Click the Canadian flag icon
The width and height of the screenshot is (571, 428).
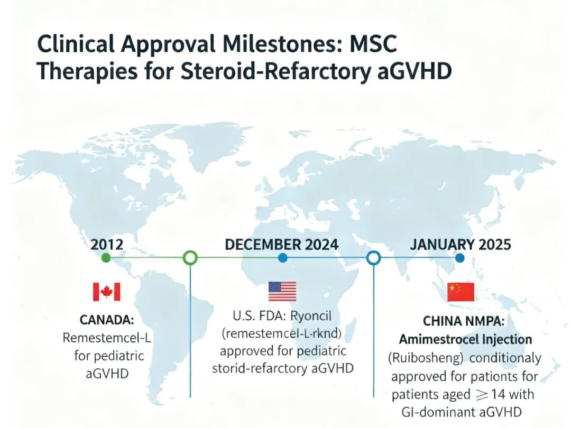click(x=106, y=292)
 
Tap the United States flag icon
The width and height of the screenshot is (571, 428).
click(x=282, y=292)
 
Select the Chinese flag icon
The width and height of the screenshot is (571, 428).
click(x=461, y=292)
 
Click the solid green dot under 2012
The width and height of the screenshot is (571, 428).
click(x=106, y=258)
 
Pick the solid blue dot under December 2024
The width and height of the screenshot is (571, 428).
click(x=282, y=258)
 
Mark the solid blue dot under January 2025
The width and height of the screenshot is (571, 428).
click(x=460, y=258)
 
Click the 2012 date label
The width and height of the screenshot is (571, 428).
click(x=107, y=244)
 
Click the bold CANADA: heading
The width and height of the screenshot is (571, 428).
click(x=107, y=320)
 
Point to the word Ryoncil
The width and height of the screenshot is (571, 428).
click(x=311, y=316)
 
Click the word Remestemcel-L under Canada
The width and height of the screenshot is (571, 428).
click(x=107, y=338)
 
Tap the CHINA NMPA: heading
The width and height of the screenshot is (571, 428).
click(x=464, y=321)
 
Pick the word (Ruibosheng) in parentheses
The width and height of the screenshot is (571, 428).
click(x=426, y=358)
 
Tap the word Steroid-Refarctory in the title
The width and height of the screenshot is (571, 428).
click(x=275, y=71)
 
